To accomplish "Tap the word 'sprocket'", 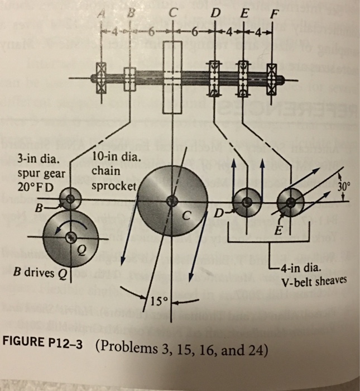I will point(113,186).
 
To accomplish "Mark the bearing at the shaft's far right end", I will point(272,75).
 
